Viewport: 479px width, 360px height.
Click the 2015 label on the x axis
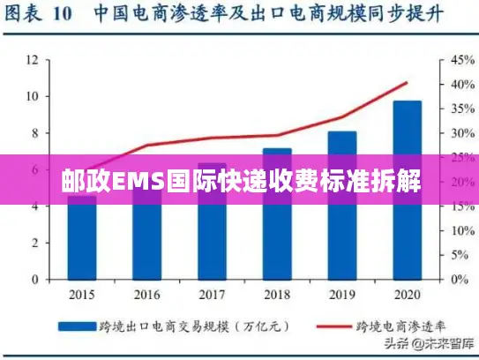click(82, 294)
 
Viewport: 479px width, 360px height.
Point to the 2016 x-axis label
click(147, 294)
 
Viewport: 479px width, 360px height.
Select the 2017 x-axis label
click(212, 294)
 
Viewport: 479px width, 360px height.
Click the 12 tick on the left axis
click(32, 60)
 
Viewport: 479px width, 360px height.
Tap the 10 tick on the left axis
click(32, 96)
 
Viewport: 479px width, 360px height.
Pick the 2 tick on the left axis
click(34, 243)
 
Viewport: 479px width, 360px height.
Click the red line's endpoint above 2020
click(407, 83)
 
